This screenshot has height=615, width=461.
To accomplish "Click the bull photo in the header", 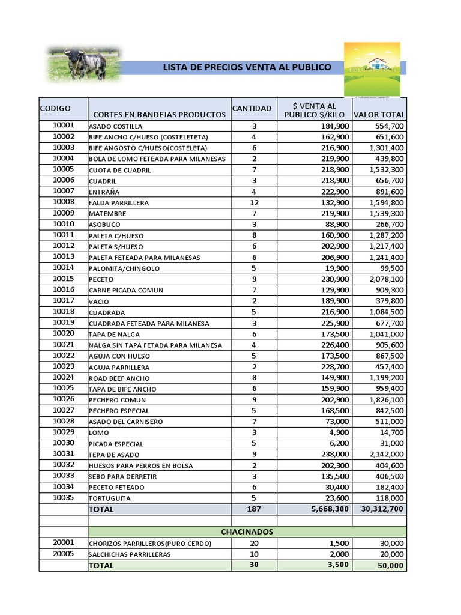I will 83,64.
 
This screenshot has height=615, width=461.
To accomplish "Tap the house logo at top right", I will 372,68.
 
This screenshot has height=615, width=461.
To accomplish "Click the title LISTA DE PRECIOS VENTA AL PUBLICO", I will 247,67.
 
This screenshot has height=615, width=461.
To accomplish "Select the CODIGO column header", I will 55,109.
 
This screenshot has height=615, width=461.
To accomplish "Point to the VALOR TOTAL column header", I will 379,114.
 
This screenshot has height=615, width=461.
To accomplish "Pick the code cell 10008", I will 64,202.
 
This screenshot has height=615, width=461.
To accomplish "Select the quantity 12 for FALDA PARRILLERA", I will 254,202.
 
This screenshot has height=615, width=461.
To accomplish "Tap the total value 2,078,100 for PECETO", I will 383,279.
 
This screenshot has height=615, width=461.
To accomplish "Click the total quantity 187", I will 254,509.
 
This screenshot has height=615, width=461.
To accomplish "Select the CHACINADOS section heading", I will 247,532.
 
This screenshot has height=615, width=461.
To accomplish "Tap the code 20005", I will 64,554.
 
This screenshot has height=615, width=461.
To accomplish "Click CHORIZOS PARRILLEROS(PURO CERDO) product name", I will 150,544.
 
